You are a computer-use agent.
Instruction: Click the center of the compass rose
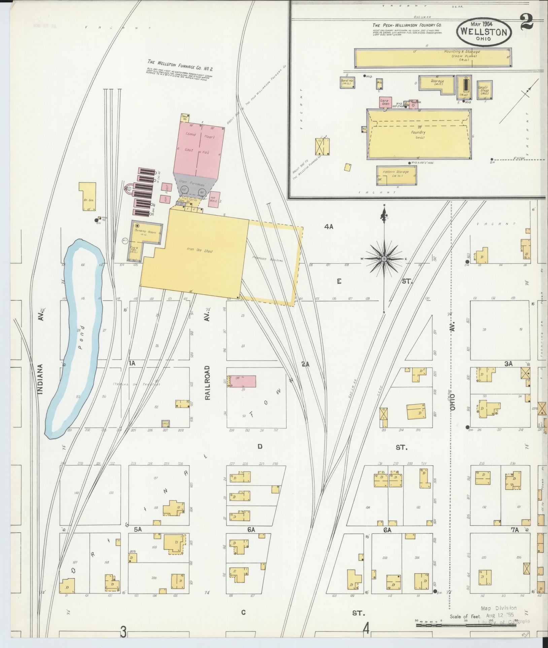pos(384,259)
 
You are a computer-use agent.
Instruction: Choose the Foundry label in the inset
pos(418,132)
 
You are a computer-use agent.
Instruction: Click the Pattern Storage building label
pos(396,172)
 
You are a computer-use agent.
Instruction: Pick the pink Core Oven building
pos(384,102)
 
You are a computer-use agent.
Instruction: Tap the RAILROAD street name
pos(208,382)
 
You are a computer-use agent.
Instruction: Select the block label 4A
pos(329,227)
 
